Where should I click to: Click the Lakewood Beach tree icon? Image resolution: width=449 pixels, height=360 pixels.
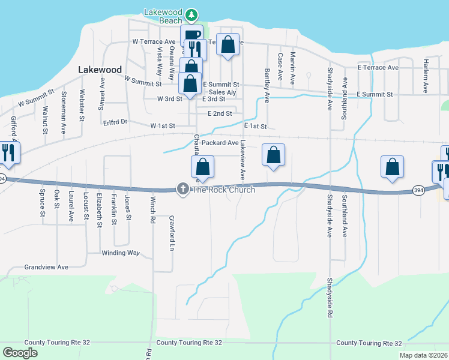(191, 14)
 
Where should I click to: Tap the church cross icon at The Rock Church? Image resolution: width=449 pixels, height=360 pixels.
(182, 189)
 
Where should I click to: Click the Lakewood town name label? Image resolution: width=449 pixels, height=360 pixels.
(100, 70)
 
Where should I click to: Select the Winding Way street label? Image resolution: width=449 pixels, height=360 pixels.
(120, 253)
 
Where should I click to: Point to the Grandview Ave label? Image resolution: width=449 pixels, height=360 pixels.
(46, 266)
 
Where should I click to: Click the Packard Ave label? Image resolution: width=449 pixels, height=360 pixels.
(220, 143)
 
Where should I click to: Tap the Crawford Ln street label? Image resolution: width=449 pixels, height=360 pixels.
(172, 242)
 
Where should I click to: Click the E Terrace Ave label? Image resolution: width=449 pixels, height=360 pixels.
(378, 68)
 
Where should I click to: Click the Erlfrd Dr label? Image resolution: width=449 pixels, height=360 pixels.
(115, 122)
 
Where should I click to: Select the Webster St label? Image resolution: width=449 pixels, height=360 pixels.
(80, 105)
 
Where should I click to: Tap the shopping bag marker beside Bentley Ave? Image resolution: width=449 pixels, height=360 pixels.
(273, 155)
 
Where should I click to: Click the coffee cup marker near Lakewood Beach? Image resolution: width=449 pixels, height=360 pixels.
(191, 36)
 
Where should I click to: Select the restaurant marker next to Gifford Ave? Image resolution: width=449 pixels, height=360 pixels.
(8, 153)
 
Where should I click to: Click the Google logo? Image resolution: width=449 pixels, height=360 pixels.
(20, 353)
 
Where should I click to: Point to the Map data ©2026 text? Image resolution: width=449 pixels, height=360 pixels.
(423, 355)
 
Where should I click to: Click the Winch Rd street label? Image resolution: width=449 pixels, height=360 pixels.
(153, 208)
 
